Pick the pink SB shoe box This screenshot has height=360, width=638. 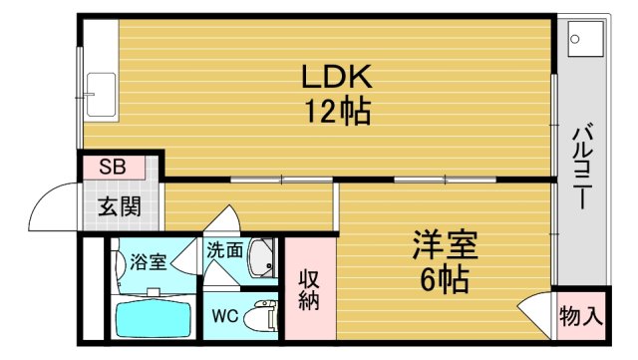(x=112, y=167)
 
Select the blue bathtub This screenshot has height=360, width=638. (x=154, y=320)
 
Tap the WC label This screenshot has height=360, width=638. (x=223, y=317)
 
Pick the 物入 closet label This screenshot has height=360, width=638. (x=580, y=318)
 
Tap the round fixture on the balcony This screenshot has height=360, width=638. (x=575, y=39)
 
